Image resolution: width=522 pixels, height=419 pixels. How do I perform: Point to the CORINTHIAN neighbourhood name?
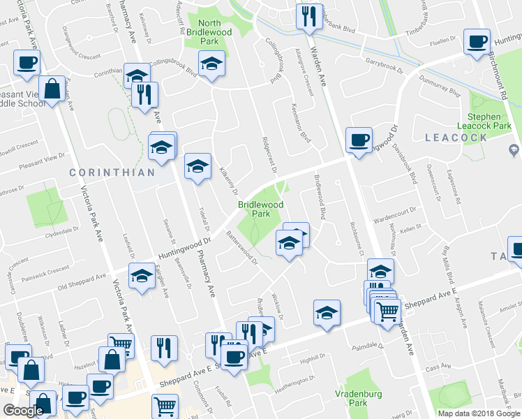tap(112, 172)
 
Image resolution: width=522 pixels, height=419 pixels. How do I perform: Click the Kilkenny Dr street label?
tap(229, 181)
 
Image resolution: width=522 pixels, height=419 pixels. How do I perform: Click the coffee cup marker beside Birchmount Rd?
tap(477, 43)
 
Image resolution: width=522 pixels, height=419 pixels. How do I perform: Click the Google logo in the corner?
tap(24, 411)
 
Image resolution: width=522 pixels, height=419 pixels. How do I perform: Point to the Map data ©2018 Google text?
tap(478, 413)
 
